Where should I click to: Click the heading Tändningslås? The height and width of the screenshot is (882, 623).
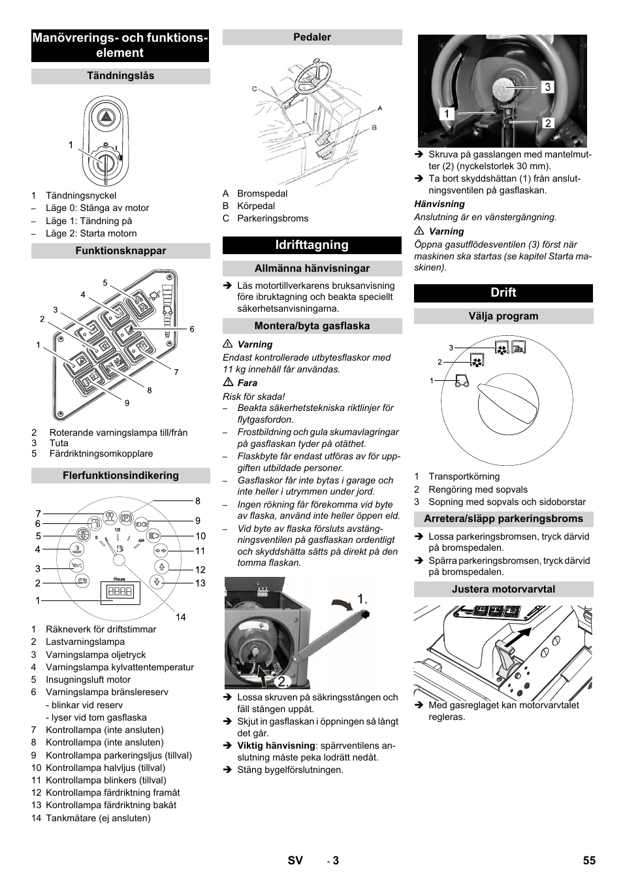click(121, 76)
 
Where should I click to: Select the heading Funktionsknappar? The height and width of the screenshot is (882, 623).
click(121, 251)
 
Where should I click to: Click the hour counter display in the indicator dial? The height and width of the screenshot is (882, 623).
click(120, 592)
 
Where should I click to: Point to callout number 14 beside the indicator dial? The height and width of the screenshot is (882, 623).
click(180, 617)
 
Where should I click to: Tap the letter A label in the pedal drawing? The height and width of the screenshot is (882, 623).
click(379, 108)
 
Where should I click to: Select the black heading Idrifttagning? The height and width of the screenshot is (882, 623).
click(312, 245)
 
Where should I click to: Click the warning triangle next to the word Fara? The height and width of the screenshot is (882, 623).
click(228, 383)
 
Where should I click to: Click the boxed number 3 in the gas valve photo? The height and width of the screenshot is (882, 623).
click(547, 87)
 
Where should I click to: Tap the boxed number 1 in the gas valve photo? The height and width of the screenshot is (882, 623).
click(447, 114)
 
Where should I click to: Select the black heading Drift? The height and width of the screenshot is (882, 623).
click(503, 293)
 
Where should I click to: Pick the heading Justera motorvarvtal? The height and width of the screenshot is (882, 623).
click(503, 589)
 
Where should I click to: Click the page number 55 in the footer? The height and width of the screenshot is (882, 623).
click(589, 860)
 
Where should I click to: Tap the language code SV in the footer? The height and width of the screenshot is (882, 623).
click(295, 860)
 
